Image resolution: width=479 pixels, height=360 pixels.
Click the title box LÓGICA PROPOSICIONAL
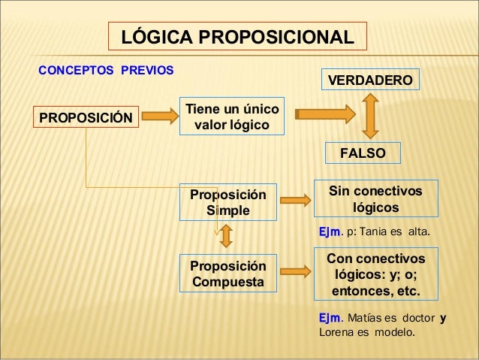238,38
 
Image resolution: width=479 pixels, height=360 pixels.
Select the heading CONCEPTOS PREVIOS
106,71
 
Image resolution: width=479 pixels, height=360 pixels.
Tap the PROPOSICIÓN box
85,116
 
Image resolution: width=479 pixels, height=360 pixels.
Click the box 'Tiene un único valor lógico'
230,115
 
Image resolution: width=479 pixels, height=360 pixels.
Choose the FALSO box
363,153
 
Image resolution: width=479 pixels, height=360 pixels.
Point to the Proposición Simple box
227,201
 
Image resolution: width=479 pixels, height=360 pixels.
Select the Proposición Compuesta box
227,275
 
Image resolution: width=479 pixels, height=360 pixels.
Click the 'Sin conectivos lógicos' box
375,198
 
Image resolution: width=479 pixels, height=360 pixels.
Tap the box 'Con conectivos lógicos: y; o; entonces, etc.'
375,274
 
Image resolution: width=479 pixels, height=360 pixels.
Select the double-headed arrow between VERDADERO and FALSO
369,116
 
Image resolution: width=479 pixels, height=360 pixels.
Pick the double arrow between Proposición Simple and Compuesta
227,237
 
